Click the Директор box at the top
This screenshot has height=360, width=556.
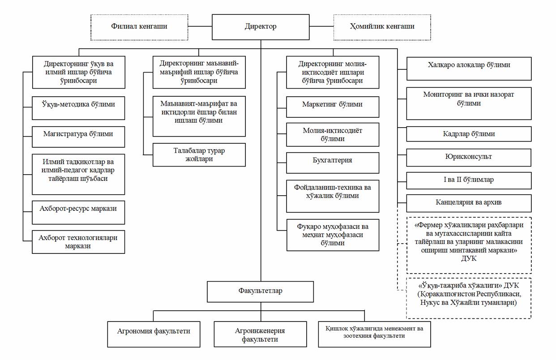point(261,27)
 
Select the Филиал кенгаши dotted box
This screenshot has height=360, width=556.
point(139,27)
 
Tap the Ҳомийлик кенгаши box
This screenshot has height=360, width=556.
point(382,27)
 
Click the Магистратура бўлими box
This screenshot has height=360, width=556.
point(78,137)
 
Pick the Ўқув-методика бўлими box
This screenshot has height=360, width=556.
point(78,108)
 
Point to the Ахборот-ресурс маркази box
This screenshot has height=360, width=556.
point(78,213)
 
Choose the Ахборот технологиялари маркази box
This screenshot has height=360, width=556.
point(78,242)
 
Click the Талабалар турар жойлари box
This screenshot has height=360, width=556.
point(199,154)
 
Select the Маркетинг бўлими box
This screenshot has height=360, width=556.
point(333,107)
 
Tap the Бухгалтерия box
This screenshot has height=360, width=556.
point(333,163)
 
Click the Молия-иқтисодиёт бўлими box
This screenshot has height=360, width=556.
point(333,135)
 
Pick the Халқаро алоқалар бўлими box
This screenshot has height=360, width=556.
point(469,69)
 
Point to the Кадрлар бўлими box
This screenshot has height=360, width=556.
point(469,134)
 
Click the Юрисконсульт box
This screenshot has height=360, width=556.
point(469,158)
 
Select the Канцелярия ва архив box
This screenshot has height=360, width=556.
point(469,203)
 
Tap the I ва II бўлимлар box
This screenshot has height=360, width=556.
point(469,180)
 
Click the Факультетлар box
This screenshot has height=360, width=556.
point(261,292)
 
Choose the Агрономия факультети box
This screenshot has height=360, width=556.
point(154,334)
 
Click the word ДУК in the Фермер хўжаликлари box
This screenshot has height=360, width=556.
point(469,259)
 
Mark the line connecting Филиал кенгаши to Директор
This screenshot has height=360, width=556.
point(200,26)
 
